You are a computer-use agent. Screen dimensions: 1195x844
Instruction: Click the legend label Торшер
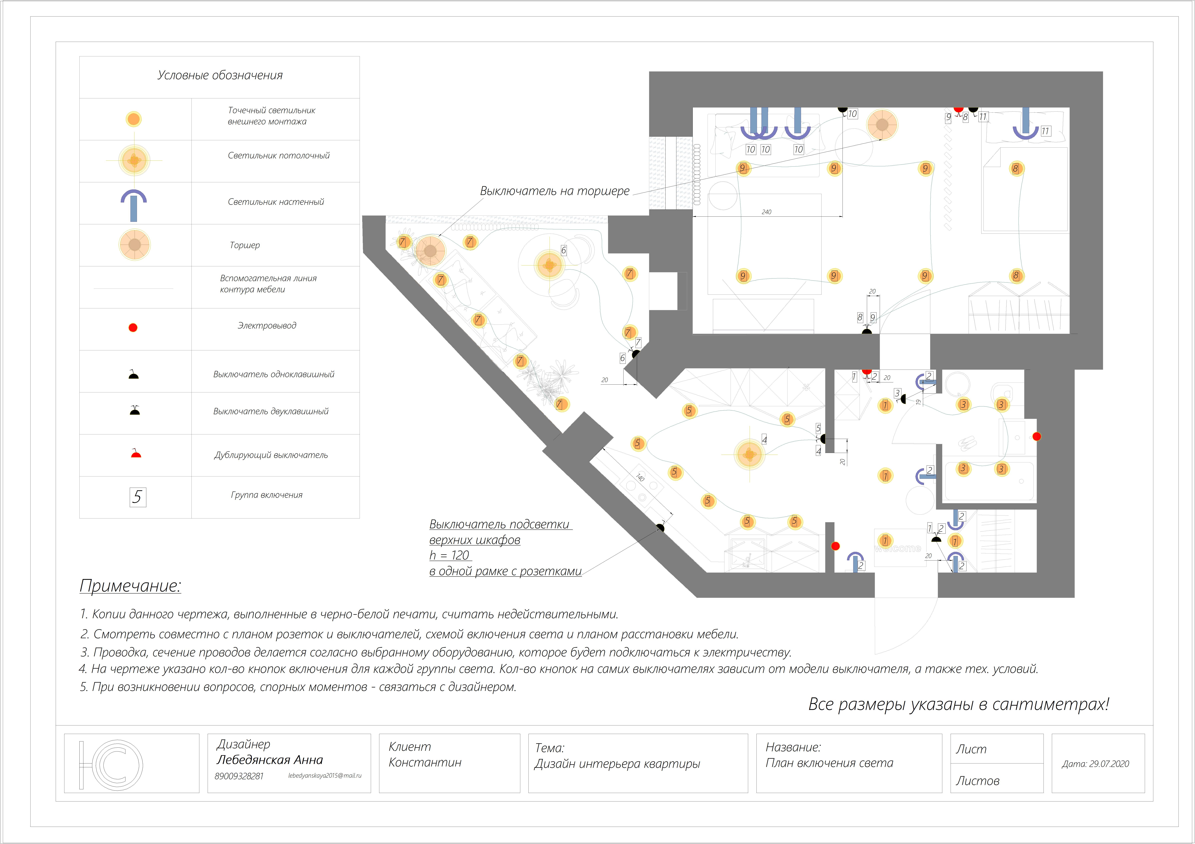245,245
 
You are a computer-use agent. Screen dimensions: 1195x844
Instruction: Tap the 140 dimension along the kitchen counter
640,478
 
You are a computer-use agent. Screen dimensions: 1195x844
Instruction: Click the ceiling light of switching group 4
749,454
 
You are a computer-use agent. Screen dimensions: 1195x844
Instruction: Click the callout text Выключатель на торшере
555,191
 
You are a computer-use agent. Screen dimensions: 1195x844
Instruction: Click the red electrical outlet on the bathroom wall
1036,437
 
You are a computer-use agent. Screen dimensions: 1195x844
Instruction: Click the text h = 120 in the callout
450,556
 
